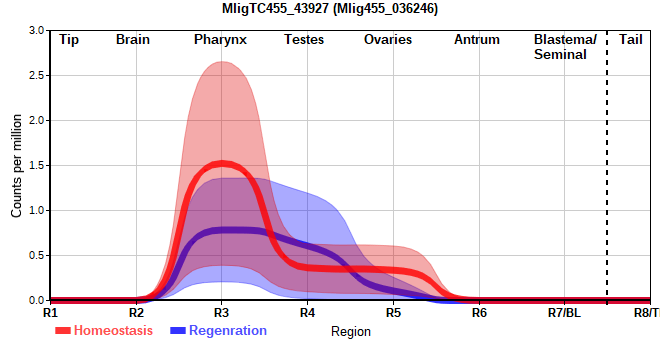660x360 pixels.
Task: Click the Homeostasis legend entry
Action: tap(104, 331)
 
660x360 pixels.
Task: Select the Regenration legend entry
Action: tap(218, 331)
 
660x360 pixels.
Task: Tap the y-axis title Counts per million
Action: tap(16, 166)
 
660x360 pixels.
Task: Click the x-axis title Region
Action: tap(351, 332)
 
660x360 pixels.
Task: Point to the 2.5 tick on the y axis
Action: tap(36, 75)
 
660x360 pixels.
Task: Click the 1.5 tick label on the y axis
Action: tap(36, 165)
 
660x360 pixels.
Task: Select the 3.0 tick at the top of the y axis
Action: tap(36, 30)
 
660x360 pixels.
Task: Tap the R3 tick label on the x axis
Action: tap(221, 313)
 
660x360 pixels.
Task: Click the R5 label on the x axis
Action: tap(394, 313)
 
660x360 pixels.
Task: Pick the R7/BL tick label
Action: tap(564, 313)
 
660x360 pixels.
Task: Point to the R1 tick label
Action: tap(50, 313)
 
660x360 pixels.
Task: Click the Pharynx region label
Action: tap(220, 40)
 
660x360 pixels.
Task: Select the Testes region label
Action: tap(304, 40)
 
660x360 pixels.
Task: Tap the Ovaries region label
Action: tap(388, 40)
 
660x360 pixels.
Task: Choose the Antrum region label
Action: tap(477, 40)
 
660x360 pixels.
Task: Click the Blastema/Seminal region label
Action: tap(565, 47)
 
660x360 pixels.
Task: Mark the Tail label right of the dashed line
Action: tap(631, 40)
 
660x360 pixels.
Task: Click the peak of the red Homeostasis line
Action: tap(222, 163)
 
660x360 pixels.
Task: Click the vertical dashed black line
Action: tap(607, 166)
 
